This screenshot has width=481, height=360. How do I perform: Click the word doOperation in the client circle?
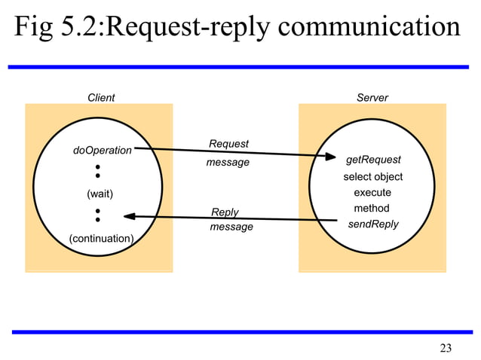102,151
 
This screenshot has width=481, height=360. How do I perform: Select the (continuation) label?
101,239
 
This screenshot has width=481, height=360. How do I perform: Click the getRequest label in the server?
372,160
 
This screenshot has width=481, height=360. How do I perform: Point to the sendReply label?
372,224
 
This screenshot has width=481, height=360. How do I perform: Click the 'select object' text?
372,177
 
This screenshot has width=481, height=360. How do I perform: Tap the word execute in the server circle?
372,193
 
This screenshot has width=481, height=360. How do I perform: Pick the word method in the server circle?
372,208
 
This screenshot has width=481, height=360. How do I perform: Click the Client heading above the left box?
101,98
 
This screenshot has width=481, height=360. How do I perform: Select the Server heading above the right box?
372,98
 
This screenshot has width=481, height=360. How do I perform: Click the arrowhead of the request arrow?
330,157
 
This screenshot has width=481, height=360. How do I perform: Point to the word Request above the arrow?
228,144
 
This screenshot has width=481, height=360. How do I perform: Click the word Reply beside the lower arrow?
225,212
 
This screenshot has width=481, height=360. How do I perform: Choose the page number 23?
446,347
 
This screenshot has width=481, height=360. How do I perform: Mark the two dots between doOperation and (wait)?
98,171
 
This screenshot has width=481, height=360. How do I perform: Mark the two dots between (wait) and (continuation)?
98,215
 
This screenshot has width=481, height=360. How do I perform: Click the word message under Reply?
231,227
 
